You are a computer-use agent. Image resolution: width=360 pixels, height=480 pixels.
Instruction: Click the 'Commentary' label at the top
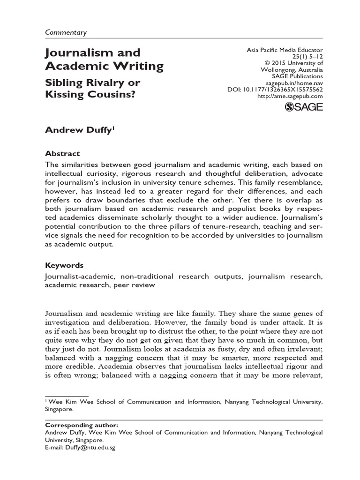pos(66,32)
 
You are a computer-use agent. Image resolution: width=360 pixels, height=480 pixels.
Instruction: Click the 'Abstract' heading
pos(62,153)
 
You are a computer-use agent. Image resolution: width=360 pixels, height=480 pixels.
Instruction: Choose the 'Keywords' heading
pos(64,265)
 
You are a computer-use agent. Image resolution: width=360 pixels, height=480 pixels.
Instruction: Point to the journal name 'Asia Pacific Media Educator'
pos(285,50)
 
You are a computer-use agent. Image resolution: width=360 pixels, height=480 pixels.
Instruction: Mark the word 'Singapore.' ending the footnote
pos(60,409)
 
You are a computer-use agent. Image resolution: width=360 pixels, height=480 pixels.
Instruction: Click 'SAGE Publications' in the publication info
pos(299,76)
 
